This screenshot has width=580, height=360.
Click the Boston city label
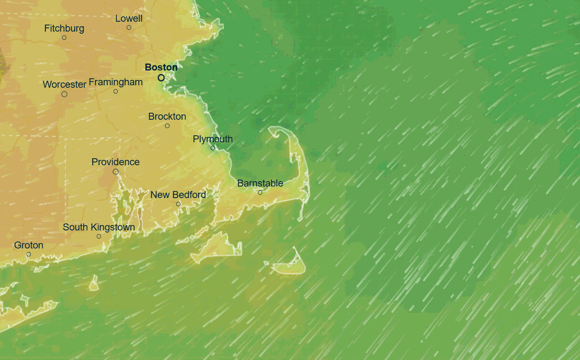pos(161,67)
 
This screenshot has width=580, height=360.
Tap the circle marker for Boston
pos(161,77)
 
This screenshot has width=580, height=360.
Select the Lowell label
pos(129,18)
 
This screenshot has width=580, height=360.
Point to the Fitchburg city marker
pos(64,38)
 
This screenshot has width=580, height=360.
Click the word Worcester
pos(64,84)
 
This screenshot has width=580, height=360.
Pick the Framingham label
pos(116,82)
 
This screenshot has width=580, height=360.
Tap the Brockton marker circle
pos(167,126)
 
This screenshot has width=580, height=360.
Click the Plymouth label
pos(212,139)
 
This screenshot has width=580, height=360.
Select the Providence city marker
pos(116,172)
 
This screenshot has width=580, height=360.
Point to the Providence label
pos(115,162)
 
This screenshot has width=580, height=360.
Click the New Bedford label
pos(178,195)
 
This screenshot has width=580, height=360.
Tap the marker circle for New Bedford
pos(178,204)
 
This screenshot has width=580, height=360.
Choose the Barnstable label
pos(260,183)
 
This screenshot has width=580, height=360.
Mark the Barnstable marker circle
pos(260,193)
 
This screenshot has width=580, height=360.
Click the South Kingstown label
pos(98,227)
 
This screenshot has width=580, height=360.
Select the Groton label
pos(29,245)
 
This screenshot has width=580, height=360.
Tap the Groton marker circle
pos(29,255)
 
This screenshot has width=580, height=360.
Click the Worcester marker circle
pos(64,94)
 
